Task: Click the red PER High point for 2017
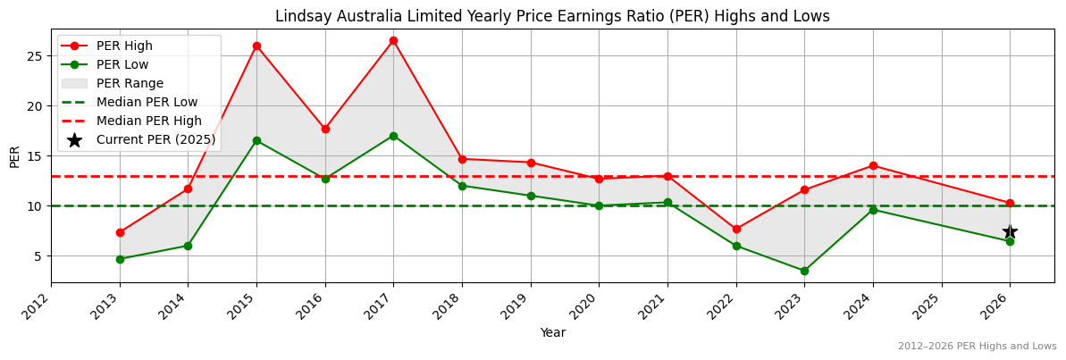(393, 40)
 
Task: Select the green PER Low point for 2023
(804, 271)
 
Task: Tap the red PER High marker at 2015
(256, 46)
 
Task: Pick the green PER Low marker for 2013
(120, 259)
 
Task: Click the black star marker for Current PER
(1010, 231)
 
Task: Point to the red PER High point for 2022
(736, 229)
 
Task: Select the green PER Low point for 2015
(256, 140)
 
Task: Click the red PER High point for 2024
(873, 165)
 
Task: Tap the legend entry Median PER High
(148, 121)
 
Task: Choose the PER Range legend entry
(130, 83)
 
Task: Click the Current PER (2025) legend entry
(155, 139)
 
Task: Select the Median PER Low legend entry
(147, 102)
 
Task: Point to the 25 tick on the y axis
(35, 55)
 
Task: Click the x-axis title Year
(552, 332)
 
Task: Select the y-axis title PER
(13, 156)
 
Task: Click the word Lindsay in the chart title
(298, 16)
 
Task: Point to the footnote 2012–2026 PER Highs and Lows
(977, 346)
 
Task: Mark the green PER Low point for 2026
(1010, 241)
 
